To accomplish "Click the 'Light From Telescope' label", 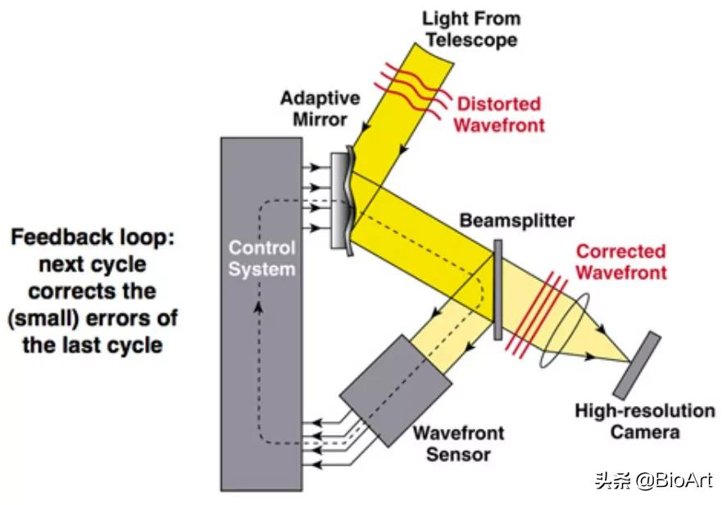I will pos(471,29).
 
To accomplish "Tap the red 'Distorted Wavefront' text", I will pos(499,115).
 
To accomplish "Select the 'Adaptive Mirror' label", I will pos(320,109).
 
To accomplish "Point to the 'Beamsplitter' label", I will pos(517,221).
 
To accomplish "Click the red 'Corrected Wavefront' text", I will pos(620,261).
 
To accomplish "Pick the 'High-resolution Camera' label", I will pos(644,421).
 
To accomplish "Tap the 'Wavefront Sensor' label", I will pos(457,443).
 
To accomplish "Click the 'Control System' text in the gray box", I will pos(261,257).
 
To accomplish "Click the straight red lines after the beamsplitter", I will pos(536,316).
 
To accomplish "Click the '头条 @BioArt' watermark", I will pos(653,480).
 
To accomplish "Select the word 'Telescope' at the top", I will pos(471,38).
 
